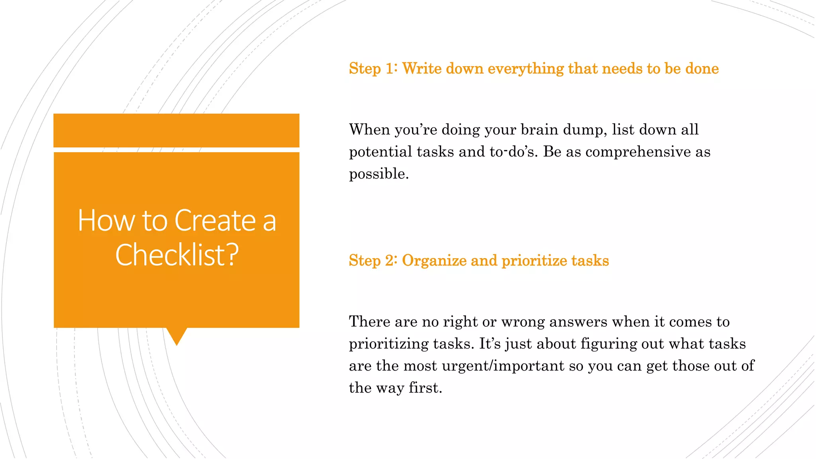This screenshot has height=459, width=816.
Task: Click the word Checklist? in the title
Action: [x=177, y=255]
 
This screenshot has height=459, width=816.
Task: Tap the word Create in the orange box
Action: [x=215, y=220]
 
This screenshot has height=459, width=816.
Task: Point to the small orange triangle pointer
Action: [x=177, y=335]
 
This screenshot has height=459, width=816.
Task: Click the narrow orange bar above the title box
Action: [x=176, y=130]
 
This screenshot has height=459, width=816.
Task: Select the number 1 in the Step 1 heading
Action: [x=389, y=69]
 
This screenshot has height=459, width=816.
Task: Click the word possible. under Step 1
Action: [x=379, y=174]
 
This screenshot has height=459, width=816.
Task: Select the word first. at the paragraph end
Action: [x=426, y=388]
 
